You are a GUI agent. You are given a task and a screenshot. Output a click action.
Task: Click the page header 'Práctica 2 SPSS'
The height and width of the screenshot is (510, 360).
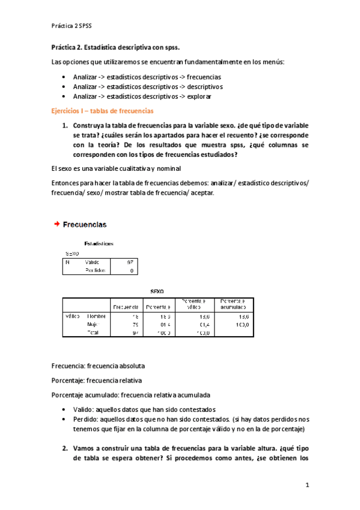click(x=73, y=25)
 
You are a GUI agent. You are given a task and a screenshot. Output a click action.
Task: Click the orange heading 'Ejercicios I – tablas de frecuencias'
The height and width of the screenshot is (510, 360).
click(x=102, y=111)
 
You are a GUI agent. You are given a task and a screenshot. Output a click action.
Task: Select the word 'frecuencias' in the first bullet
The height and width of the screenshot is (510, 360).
click(x=204, y=77)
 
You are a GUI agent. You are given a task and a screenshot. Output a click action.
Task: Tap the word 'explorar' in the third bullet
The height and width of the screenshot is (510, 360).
click(x=199, y=96)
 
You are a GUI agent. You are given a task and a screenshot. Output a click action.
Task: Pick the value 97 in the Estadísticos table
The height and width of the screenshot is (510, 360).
click(x=130, y=262)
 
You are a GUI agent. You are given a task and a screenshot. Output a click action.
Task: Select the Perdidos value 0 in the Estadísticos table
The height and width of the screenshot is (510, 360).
click(x=132, y=271)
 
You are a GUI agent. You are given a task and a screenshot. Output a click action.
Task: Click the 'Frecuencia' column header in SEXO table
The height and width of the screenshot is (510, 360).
click(x=126, y=307)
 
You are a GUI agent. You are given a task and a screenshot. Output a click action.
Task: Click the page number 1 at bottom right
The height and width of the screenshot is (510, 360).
click(x=307, y=484)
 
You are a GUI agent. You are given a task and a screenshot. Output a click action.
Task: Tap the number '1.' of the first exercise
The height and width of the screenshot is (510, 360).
click(x=66, y=126)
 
